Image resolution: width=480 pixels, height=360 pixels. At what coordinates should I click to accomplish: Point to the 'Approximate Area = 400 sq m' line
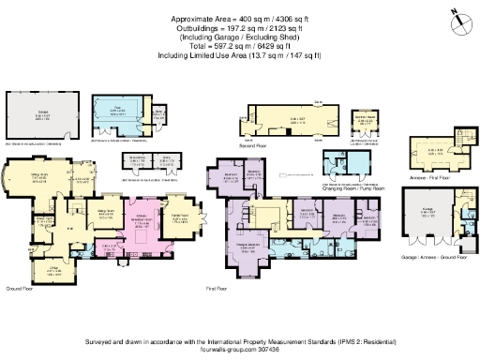click(239, 19)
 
